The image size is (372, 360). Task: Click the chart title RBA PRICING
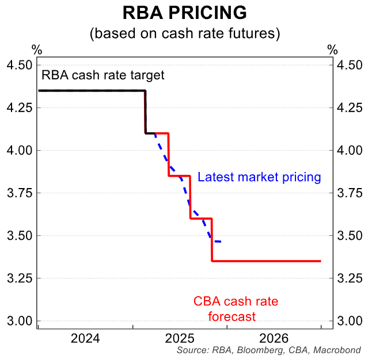[x=184, y=13]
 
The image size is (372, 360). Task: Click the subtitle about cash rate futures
[x=184, y=33]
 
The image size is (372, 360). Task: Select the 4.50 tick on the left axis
[x=19, y=65]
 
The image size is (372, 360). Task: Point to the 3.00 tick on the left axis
[x=19, y=321]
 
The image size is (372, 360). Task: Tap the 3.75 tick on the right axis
[x=350, y=193]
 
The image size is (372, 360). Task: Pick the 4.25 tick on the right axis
[x=350, y=108]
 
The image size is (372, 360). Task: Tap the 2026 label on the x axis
[x=275, y=338]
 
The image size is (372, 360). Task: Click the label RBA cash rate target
[x=103, y=75]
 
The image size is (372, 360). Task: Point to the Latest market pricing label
[x=259, y=177]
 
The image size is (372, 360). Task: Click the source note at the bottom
[x=269, y=350]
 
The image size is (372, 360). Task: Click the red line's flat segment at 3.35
[x=265, y=261]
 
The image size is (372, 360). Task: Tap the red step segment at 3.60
[x=201, y=219]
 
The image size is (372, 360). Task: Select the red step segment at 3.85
[x=179, y=176]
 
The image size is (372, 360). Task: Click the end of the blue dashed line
[x=221, y=242]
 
